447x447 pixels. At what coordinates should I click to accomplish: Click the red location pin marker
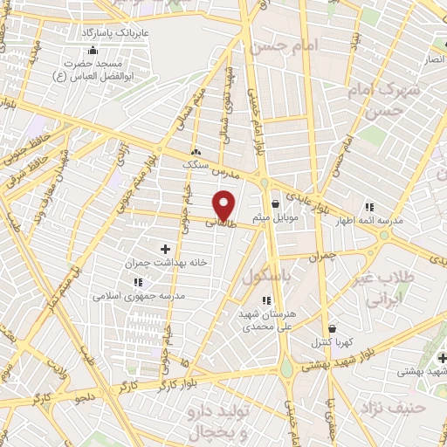pos(225,204)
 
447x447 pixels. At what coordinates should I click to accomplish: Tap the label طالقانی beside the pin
pos(219,223)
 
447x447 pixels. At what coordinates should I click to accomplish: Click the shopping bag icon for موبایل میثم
pos(276,203)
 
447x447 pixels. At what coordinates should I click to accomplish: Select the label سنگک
pos(196,163)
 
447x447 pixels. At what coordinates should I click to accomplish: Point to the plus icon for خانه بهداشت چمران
pos(165,249)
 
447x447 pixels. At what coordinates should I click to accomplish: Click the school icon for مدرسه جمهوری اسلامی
pos(138,282)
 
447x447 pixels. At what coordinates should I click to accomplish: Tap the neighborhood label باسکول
pos(265,277)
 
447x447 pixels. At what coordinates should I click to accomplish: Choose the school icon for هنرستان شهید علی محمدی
pos(266,300)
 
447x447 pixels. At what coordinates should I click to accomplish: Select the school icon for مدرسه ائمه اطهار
pos(369,207)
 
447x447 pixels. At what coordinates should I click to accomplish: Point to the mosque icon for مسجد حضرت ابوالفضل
pos(93,50)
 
